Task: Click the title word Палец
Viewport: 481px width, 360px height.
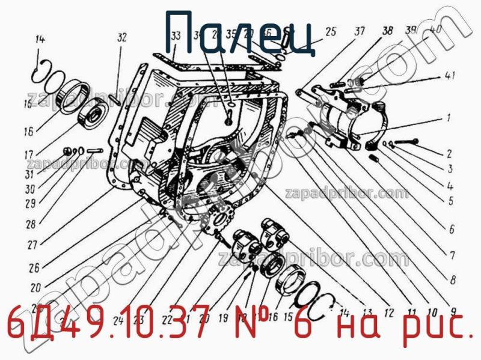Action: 240,35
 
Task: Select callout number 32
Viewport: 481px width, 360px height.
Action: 122,38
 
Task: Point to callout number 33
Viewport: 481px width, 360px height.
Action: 175,37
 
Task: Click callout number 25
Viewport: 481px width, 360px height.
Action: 330,31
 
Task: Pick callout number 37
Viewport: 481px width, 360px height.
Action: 360,31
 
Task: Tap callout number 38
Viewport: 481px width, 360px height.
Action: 387,31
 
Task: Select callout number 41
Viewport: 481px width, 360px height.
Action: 450,76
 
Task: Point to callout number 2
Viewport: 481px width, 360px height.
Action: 450,154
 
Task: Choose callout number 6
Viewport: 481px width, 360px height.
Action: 451,229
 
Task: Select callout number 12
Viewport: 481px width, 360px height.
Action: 389,313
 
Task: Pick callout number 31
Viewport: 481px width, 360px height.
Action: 29,175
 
